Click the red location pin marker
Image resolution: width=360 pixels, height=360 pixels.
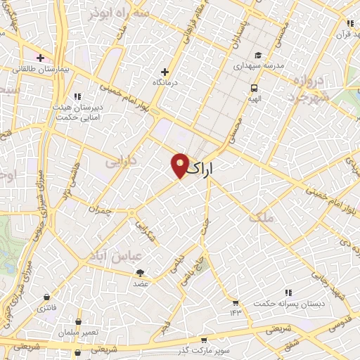(x=180, y=165)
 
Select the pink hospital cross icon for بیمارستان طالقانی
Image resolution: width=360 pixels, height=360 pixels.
(x=41, y=58)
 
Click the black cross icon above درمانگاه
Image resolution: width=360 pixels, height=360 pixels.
(x=165, y=72)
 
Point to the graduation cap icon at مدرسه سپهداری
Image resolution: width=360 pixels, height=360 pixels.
(x=258, y=55)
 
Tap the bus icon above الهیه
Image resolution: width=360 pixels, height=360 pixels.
(x=253, y=88)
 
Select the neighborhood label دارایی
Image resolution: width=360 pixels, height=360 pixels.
(x=121, y=162)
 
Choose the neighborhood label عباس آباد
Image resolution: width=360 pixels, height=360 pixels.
(x=108, y=255)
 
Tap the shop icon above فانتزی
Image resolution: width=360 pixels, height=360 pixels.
(x=47, y=297)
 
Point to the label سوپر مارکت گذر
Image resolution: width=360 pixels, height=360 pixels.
(x=205, y=349)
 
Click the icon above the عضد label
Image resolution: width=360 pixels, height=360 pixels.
(x=141, y=273)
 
